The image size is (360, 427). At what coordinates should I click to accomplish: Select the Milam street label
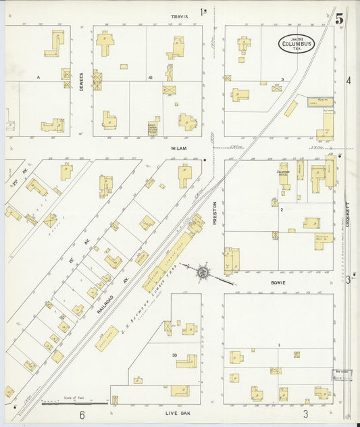point(178,147)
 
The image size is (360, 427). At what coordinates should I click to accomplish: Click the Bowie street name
point(278,282)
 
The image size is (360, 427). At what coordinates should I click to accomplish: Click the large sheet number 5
point(339,18)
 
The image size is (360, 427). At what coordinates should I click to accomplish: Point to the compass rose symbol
point(203,272)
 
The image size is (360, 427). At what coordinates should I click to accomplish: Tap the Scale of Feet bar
point(74,403)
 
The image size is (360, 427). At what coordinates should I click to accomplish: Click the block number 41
point(150,78)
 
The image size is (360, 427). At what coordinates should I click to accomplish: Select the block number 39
point(174,355)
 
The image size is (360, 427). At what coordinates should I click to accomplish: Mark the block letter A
point(38,78)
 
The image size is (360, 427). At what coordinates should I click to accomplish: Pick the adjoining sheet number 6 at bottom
point(82,414)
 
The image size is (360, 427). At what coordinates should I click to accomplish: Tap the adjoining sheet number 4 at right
point(349,80)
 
